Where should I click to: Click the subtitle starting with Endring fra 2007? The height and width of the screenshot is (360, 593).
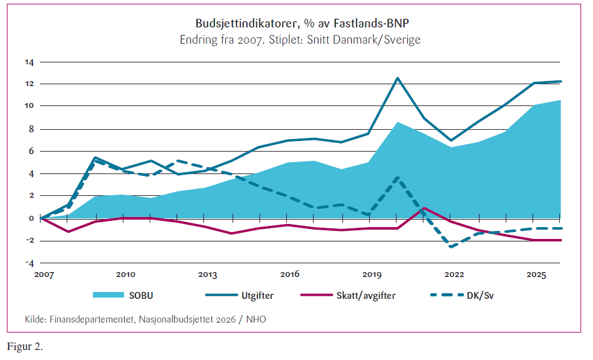(300, 40)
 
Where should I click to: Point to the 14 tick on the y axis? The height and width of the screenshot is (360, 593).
(29, 62)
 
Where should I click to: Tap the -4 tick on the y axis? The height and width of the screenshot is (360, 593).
(29, 263)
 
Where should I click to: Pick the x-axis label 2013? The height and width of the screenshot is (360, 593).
(208, 275)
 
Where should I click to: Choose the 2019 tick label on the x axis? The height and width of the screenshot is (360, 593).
(372, 275)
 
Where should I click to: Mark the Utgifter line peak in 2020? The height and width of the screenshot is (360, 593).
(397, 78)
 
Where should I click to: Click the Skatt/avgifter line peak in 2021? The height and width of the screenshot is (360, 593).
(424, 208)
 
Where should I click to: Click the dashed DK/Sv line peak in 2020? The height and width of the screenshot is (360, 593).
(397, 178)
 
